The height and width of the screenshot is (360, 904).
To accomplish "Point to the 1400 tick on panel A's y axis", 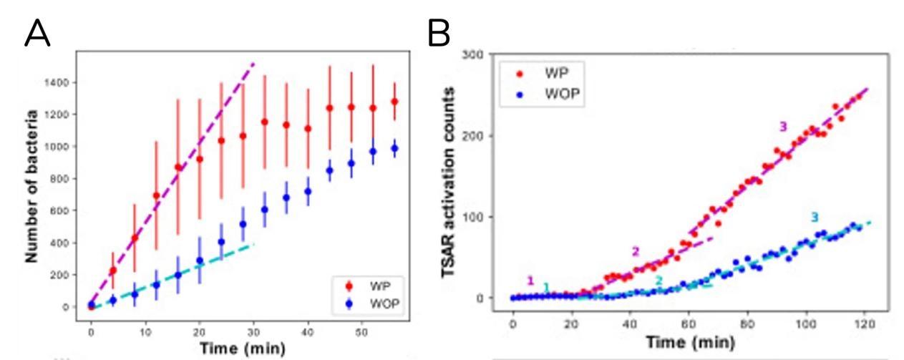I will pos(64,83).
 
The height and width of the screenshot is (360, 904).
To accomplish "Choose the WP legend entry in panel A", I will pos(369,286).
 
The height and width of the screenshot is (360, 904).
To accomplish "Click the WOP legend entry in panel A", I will pos(371,302).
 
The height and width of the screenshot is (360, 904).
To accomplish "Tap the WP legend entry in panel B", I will pos(541,75).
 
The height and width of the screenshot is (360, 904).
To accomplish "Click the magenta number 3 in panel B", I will pos(783,126).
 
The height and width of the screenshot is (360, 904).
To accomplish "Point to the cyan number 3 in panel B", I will pos(815,217).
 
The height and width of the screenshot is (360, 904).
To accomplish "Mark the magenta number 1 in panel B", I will pos(530,280).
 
